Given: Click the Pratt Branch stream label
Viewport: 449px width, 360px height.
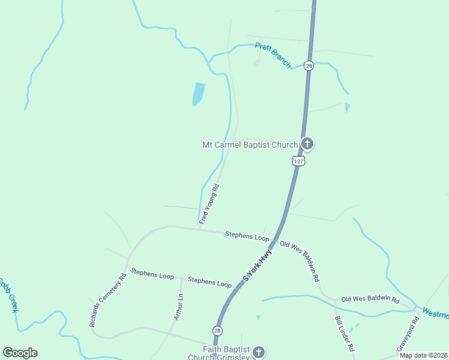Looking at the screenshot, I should coord(273,55).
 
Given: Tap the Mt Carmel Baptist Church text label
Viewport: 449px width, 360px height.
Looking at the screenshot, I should coord(250,145).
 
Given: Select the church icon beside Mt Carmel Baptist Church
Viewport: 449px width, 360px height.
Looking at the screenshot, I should coord(307,143).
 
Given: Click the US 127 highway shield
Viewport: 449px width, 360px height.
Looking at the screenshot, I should coord(298,161).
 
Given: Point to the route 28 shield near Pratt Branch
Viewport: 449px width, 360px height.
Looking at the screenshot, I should coord(309,65).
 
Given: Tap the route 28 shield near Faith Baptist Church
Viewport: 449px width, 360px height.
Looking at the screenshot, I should coord(217,331).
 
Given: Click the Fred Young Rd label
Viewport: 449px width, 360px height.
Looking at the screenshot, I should coord(210,204).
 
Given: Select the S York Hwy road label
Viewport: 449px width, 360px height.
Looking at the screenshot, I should coord(258,265).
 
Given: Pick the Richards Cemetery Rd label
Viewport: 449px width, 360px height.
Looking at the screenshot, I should coord(108,300).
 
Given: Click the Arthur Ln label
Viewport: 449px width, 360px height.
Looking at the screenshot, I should coord(178,306).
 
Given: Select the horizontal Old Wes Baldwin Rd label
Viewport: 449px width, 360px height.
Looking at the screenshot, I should coord(370,298).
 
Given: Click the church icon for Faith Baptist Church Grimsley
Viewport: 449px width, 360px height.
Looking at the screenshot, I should coord(258,352).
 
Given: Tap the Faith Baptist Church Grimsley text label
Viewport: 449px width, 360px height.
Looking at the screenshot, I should coord(218,354).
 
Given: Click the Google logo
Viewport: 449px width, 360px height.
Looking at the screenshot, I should coord(20,353).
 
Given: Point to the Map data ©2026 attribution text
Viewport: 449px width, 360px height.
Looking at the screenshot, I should coord(424,355).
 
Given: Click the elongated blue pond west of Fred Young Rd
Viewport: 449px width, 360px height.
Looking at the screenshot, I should coord(198,94).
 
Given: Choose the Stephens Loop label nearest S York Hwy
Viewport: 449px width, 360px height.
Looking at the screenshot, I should coord(247,236).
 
